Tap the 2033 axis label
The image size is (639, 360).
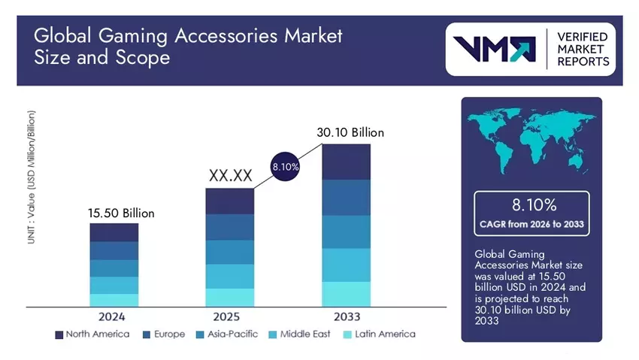346,316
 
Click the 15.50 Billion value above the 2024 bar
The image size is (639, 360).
121,213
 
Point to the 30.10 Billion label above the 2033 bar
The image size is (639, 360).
350,132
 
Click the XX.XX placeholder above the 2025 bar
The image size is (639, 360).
229,176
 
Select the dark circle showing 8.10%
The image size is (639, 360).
285,168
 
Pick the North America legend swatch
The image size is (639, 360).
59,334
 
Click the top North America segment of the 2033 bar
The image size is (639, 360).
346,161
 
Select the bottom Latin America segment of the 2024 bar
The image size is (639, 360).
114,300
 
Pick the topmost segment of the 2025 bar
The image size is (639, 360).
229,201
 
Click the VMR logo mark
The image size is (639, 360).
492,49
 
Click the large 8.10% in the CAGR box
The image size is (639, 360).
531,204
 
